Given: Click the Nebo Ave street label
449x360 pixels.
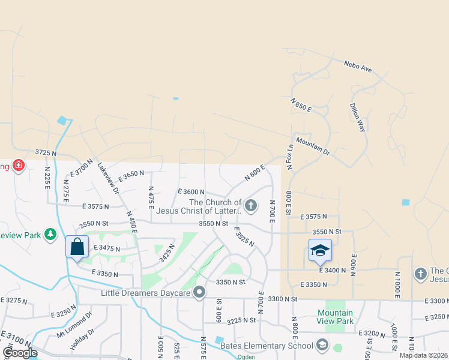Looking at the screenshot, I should (358, 67).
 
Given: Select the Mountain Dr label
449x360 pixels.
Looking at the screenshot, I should (313, 148).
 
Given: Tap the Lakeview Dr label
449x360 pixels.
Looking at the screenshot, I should (109, 179).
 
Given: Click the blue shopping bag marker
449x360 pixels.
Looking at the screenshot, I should (77, 247).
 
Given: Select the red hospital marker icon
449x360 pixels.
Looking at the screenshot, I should (19, 164).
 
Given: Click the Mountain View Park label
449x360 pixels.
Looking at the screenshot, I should (336, 317).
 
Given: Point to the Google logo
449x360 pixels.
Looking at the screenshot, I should (20, 353).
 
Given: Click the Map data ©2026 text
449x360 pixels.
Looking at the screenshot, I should (423, 355).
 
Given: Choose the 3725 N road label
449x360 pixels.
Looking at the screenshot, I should (46, 154).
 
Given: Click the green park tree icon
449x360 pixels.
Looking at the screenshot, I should (51, 233).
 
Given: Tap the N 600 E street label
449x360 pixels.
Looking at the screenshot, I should (255, 173).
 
